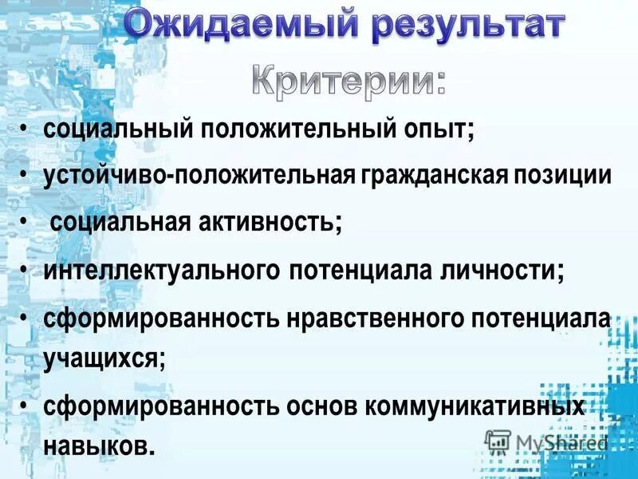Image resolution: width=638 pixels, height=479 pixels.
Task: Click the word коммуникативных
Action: click(475, 406)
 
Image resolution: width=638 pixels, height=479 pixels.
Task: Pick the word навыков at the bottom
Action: click(99, 444)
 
